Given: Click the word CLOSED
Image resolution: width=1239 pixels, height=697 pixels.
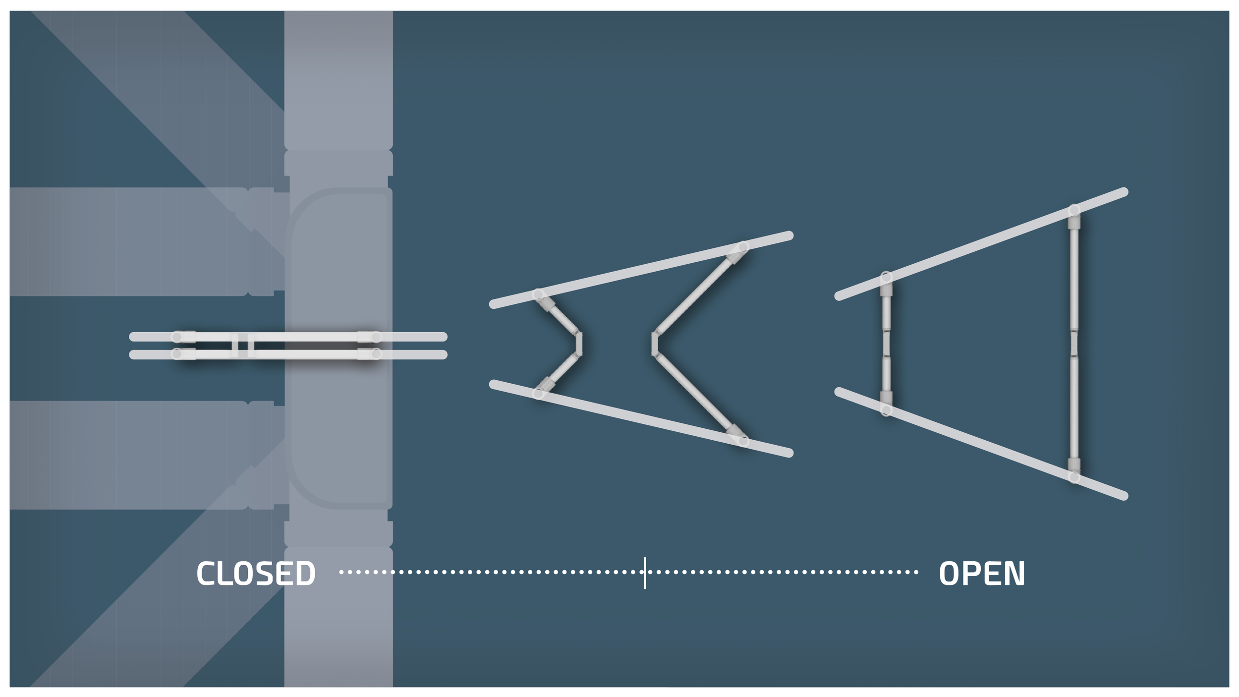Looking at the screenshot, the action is [256, 574].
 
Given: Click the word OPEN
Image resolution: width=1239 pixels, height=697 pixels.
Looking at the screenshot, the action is [981, 574].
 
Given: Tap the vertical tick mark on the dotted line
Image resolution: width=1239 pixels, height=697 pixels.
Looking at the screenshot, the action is [645, 573].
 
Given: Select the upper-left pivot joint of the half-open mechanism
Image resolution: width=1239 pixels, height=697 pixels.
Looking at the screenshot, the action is [538, 294].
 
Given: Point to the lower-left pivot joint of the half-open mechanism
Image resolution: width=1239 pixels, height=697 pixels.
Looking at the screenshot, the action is [538, 394].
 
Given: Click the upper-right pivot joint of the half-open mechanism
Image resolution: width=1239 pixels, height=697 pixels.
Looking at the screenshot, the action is [743, 247].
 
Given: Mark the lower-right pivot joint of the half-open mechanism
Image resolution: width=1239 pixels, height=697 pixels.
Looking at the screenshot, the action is [743, 441].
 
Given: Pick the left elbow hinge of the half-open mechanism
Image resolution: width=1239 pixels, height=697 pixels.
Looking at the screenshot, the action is [579, 344].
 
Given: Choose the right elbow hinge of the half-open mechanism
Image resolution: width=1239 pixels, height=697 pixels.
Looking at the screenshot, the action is [655, 344].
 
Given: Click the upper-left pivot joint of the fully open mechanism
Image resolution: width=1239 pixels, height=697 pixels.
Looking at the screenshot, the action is [886, 277].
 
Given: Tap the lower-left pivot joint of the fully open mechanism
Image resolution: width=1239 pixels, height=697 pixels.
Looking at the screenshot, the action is [886, 410].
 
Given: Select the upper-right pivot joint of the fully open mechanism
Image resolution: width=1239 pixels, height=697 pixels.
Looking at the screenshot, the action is [1074, 210].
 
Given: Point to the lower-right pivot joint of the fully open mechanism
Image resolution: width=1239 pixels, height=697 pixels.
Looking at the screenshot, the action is [1074, 477].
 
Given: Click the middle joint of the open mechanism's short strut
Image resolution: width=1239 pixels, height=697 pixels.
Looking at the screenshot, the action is [886, 344].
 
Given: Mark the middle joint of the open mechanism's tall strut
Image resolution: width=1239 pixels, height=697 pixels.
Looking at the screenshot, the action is [1074, 343].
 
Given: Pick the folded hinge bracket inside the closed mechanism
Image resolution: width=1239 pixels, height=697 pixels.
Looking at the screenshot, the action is [243, 346].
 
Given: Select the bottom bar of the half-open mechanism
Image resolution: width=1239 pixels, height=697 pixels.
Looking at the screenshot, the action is [644, 419].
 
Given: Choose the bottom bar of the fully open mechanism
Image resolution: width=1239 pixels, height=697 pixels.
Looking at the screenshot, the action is [981, 444].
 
